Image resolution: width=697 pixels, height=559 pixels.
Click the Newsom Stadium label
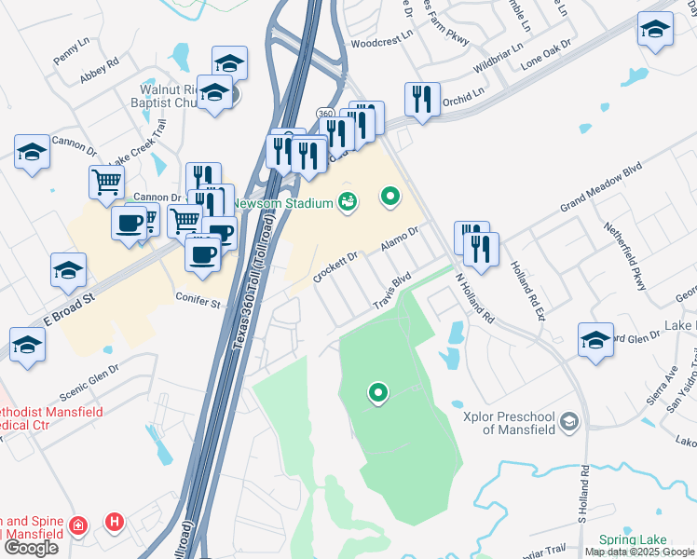[x=283, y=204]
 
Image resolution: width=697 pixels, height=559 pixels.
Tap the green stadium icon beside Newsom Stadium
[x=348, y=200]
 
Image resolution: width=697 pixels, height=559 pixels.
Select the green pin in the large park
[x=377, y=394]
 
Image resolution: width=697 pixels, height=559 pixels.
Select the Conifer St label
[x=197, y=301]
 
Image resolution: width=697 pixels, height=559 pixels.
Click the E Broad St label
[x=70, y=307]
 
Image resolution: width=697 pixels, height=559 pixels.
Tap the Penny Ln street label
[x=70, y=54]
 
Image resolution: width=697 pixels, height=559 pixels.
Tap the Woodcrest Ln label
[x=382, y=42]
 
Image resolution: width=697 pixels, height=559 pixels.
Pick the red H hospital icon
[x=115, y=521]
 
